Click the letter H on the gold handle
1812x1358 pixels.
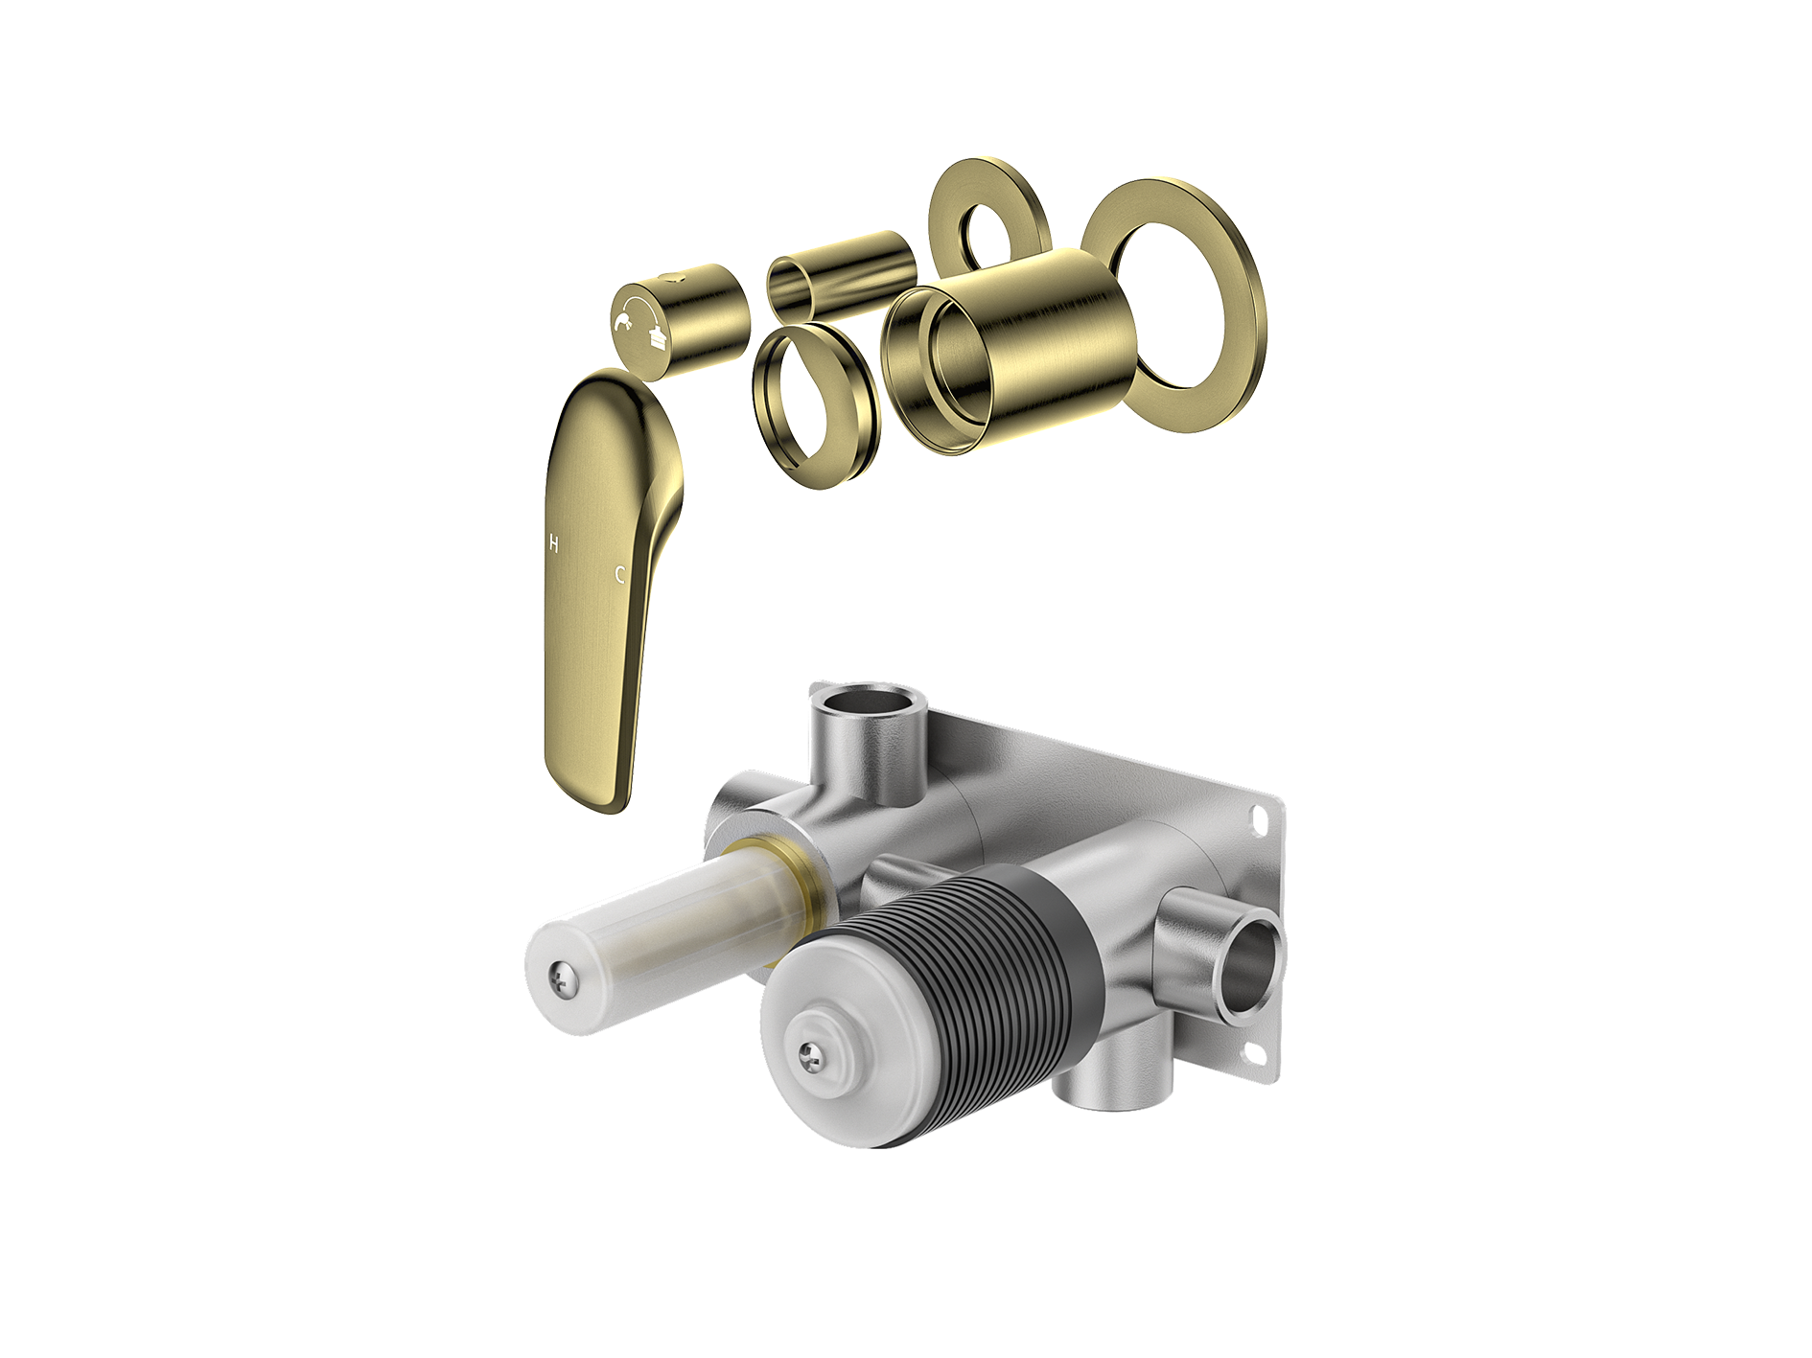(x=553, y=543)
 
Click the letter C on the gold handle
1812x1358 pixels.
(x=620, y=574)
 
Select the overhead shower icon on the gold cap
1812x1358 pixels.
(x=657, y=336)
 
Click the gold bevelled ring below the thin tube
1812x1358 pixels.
(x=816, y=405)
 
